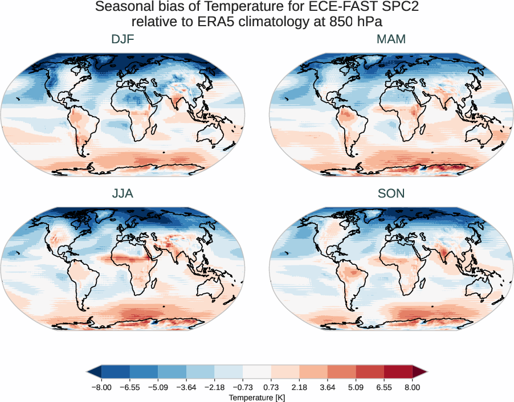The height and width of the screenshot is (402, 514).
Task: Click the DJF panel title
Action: tap(123, 40)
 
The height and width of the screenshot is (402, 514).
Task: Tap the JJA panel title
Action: tap(123, 194)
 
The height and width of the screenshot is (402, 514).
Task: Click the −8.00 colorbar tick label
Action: tap(101, 387)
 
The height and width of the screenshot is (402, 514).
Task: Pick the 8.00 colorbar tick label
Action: tap(413, 387)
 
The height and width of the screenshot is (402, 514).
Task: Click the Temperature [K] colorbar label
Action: tap(256, 397)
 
